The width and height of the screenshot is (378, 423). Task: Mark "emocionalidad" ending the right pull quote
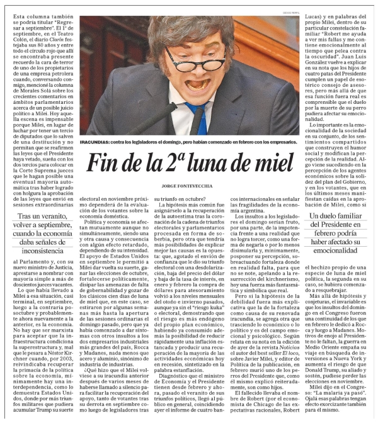pos(335,251)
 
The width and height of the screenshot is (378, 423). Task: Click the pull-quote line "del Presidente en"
pos(335,228)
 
